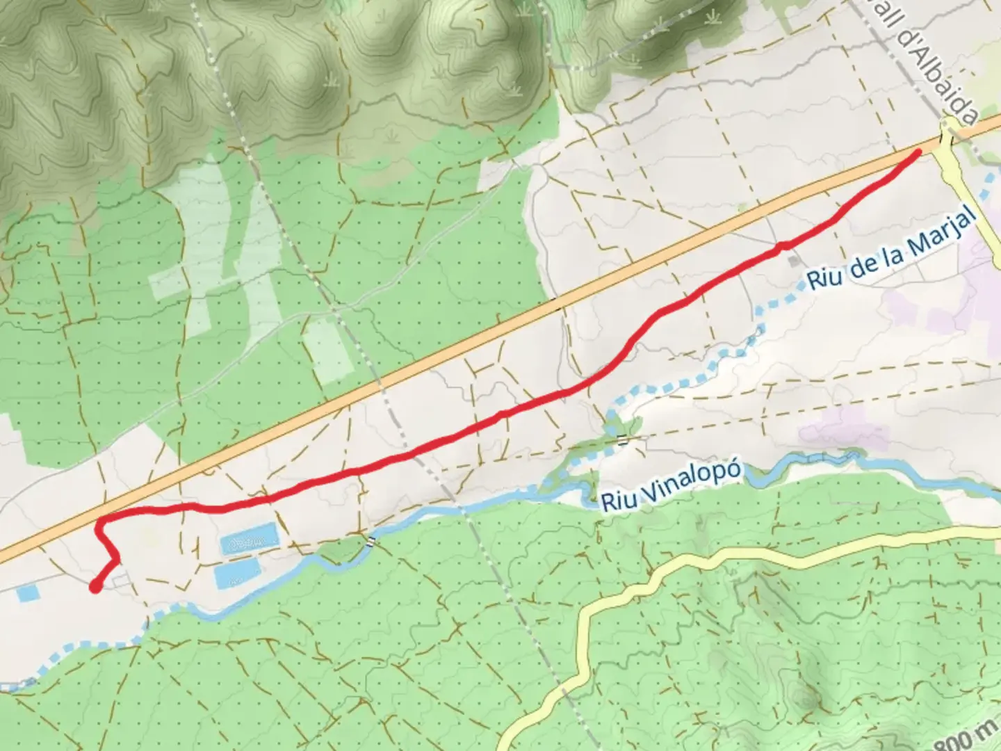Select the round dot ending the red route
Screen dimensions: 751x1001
click(x=95, y=588)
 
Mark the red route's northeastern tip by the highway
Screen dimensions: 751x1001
click(x=918, y=152)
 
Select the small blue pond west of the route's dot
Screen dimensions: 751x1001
click(x=28, y=593)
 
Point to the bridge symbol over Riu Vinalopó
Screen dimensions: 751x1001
click(x=373, y=540)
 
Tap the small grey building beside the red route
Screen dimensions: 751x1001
click(x=793, y=261)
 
